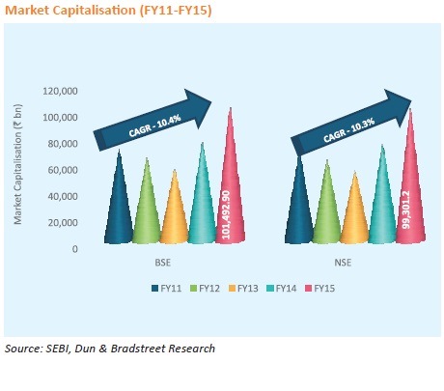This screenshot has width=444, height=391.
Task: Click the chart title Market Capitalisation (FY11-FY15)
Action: pos(108,11)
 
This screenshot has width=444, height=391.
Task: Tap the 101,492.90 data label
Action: pos(226,214)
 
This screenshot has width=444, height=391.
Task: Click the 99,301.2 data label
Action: pos(406,209)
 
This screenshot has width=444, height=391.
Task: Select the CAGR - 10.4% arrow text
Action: pos(154,126)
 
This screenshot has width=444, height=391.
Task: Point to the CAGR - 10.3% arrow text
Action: pos(349,130)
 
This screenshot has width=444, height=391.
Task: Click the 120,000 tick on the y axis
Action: pos(60,91)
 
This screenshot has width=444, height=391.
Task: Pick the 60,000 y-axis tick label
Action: pos(63,170)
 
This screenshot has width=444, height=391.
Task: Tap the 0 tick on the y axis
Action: pos(75,249)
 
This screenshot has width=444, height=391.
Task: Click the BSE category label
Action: pos(163,263)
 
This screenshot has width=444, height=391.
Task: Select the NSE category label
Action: pos(343,263)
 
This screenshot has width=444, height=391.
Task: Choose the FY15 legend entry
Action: pos(320,289)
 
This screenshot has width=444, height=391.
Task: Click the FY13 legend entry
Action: pos(243,289)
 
